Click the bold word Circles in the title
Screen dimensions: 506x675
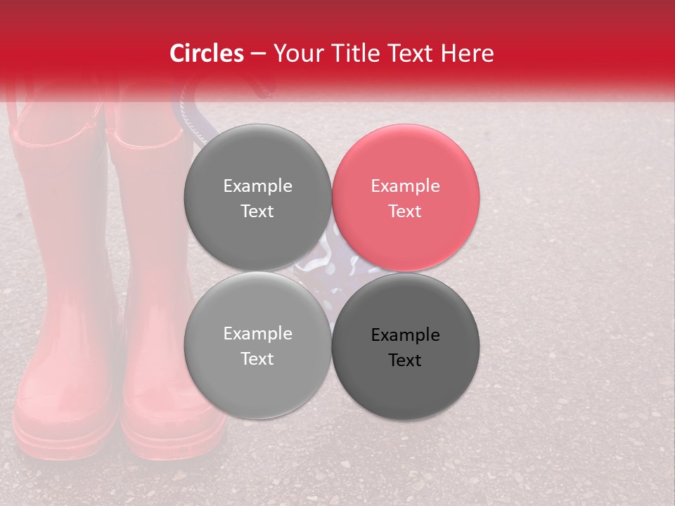(x=207, y=53)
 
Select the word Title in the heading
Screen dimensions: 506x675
(x=365, y=53)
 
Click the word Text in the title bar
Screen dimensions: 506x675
(x=418, y=53)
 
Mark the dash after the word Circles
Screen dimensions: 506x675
(x=258, y=54)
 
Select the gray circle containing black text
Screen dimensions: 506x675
(x=406, y=346)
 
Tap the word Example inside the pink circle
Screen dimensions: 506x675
(x=405, y=186)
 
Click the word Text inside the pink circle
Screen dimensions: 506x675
(x=405, y=212)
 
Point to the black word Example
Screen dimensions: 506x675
(x=405, y=335)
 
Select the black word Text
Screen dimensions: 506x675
(x=405, y=361)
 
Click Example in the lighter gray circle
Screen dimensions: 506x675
(x=257, y=334)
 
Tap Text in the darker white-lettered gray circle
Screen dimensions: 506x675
(x=257, y=212)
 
